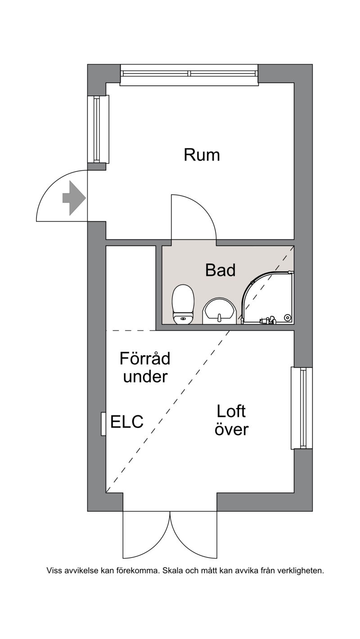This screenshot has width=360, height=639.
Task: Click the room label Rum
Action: coord(202,155)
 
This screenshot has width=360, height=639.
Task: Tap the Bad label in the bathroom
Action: coord(220,270)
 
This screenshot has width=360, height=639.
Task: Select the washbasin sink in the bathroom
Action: coord(219,310)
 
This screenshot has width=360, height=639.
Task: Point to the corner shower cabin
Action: coord(268,297)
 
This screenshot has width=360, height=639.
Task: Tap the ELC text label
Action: coord(127,422)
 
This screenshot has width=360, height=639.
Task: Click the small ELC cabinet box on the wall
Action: coord(103,423)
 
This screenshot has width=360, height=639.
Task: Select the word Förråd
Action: coord(145,359)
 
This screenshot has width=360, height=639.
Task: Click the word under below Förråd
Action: coord(145,377)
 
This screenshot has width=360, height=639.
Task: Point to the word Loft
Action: coord(231,411)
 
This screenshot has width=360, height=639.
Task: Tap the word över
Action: coord(231,429)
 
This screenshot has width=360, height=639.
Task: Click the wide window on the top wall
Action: coord(189,74)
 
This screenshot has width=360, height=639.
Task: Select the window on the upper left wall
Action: coord(98,129)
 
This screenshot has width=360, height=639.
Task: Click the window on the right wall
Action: coord(302,408)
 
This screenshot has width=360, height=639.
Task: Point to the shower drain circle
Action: coord(288,318)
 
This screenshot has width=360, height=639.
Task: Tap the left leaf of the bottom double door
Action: coord(146,535)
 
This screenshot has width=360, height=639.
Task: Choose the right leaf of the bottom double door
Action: coord(193,535)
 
